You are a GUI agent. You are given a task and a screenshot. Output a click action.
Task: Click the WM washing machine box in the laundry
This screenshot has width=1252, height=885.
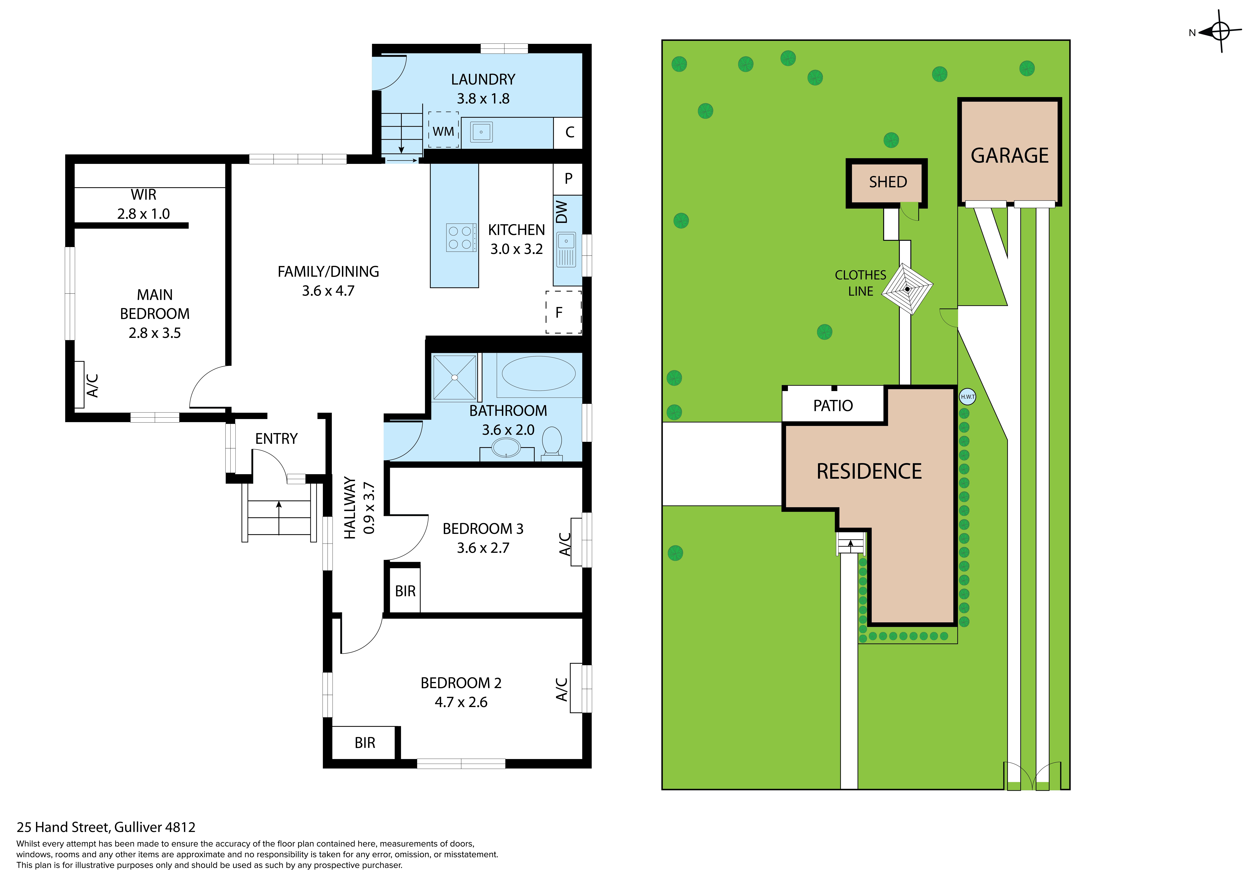tap(443, 130)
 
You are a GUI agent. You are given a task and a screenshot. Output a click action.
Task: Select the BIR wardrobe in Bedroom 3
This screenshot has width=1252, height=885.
tap(405, 591)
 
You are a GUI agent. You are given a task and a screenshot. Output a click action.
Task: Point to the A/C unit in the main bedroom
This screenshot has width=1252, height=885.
tap(80, 384)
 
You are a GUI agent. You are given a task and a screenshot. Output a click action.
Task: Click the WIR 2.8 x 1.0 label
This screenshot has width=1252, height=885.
tap(143, 204)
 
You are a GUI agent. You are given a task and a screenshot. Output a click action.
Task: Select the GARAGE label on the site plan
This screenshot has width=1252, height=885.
tap(1009, 156)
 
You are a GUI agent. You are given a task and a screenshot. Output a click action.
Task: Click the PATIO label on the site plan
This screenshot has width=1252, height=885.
tap(833, 406)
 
